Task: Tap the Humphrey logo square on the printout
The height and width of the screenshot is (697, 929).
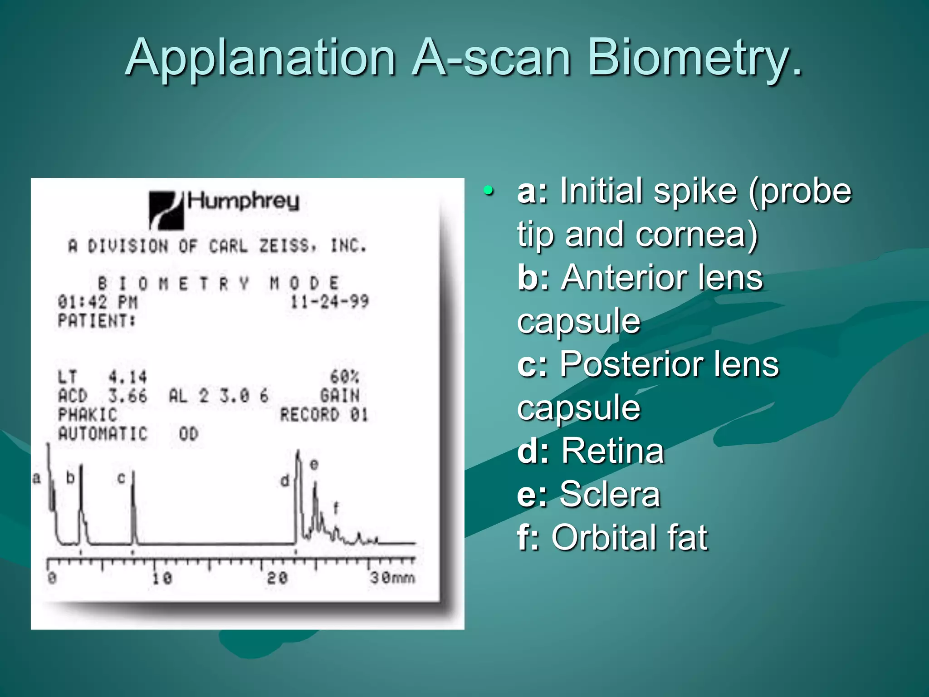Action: pyautogui.click(x=166, y=210)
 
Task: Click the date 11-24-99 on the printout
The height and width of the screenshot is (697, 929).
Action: pyautogui.click(x=329, y=301)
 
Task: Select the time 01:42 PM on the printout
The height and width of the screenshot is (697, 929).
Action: pyautogui.click(x=97, y=302)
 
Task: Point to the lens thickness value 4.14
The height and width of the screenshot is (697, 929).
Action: pyautogui.click(x=127, y=377)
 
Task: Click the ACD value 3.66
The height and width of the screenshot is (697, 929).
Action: pyautogui.click(x=127, y=396)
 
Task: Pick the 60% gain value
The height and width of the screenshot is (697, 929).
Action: pyautogui.click(x=344, y=377)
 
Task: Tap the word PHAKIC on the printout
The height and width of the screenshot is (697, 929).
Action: pyautogui.click(x=88, y=415)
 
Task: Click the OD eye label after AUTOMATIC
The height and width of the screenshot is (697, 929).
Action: pyautogui.click(x=188, y=434)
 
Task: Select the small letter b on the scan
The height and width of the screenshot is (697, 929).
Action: pyautogui.click(x=70, y=477)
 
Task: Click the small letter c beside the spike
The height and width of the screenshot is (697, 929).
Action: pyautogui.click(x=121, y=478)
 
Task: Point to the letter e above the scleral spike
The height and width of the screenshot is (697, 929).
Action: pyautogui.click(x=314, y=465)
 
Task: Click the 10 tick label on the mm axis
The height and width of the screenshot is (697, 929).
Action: pyautogui.click(x=162, y=578)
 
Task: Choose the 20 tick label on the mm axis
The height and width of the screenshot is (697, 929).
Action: pyautogui.click(x=277, y=578)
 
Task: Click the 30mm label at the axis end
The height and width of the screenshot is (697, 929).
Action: pyautogui.click(x=392, y=578)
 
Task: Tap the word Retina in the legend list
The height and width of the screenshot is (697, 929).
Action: pyautogui.click(x=612, y=451)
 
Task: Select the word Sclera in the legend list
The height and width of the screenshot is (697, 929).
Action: pyautogui.click(x=610, y=494)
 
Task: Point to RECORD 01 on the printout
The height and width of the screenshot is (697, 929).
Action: pyautogui.click(x=323, y=415)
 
